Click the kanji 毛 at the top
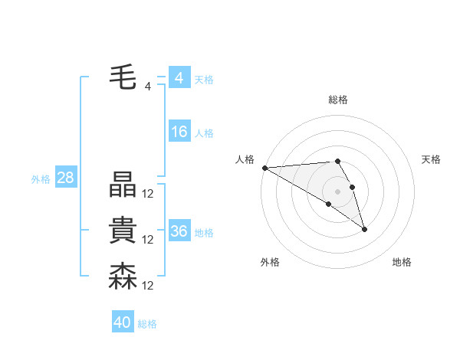click(123, 77)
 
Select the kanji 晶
click(123, 185)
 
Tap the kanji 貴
click(123, 231)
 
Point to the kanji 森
click(123, 277)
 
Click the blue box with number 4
click(179, 78)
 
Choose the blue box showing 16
click(179, 132)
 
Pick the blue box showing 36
click(179, 231)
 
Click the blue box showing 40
click(123, 322)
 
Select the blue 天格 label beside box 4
click(204, 79)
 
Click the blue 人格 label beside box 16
click(204, 133)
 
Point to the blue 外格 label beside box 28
click(41, 179)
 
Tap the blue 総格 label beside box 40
click(147, 323)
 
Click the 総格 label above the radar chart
click(338, 100)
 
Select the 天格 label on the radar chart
click(432, 159)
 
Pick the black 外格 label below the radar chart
click(270, 262)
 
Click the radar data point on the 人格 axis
click(264, 167)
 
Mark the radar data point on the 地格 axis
click(364, 228)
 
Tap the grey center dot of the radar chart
click(337, 191)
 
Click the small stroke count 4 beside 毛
click(148, 87)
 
